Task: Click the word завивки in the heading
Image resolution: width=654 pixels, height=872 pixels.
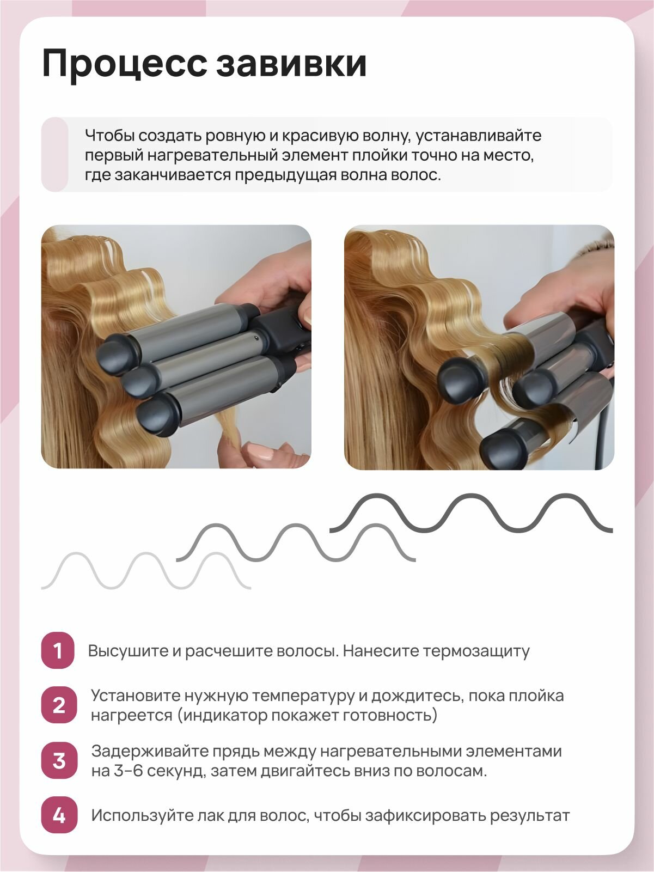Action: click(291, 63)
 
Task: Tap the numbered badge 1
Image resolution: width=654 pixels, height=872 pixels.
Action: click(58, 651)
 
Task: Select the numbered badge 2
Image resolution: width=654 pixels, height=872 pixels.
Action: click(59, 705)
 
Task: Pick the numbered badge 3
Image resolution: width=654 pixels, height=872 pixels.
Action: click(59, 761)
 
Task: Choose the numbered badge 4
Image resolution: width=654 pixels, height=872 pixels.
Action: click(59, 815)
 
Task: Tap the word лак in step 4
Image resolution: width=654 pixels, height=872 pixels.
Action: click(213, 815)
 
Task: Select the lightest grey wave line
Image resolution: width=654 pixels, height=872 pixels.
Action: click(146, 570)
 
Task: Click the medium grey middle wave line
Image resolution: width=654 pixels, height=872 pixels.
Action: click(296, 542)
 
